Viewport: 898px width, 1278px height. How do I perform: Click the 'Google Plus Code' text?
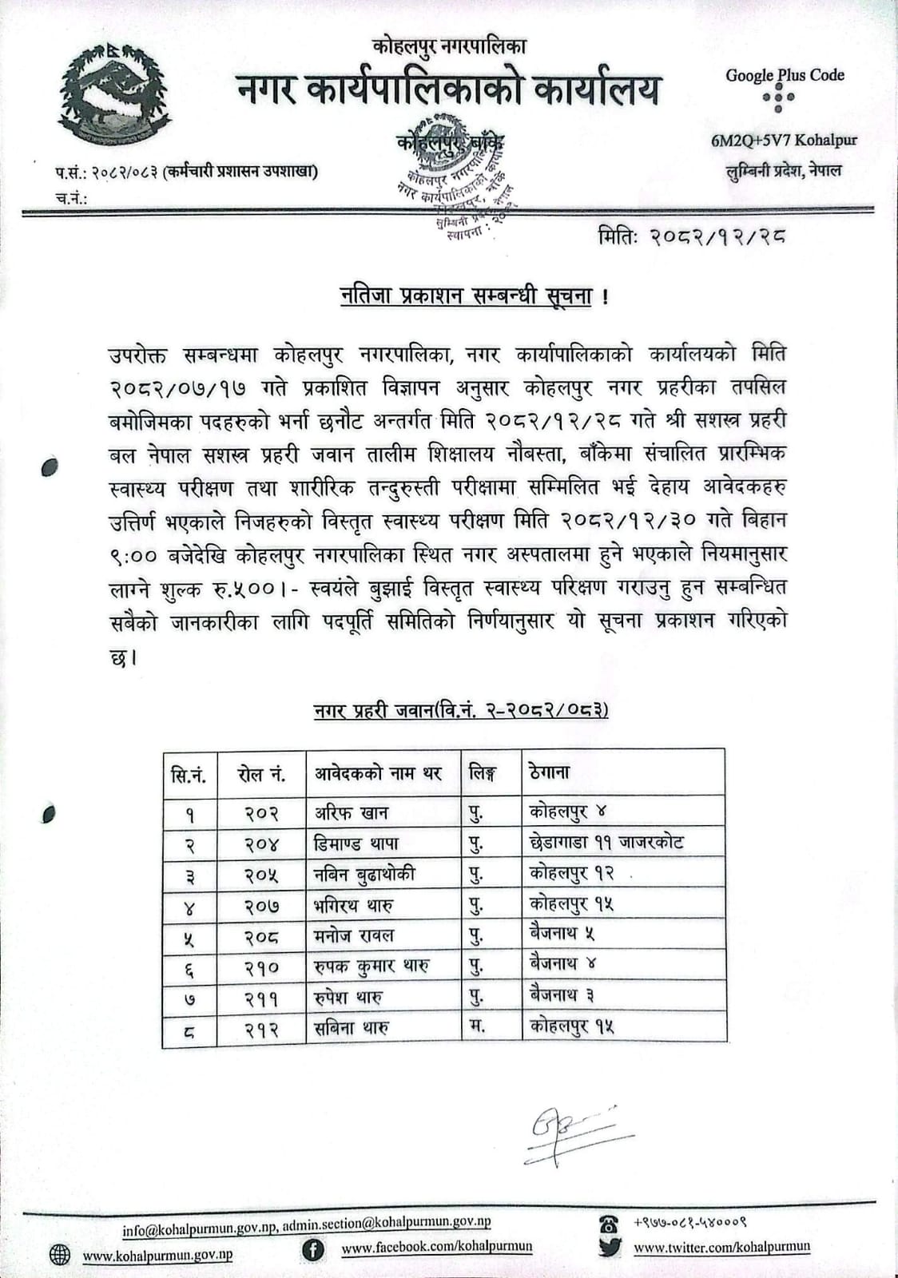pos(785,75)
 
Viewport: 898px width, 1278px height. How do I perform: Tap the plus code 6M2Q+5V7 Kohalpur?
pos(783,141)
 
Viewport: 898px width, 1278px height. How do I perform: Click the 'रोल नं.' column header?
pos(261,773)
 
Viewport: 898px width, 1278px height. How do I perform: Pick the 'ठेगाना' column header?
pos(549,772)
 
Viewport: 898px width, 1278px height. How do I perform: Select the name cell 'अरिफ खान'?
pos(352,813)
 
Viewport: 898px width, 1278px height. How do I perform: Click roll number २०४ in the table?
pos(261,843)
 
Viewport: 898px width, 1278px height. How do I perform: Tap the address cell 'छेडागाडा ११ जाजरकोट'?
pos(606,843)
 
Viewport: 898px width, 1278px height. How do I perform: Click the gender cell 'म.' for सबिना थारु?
pos(477,1026)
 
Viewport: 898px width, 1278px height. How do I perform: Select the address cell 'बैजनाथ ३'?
pos(562,995)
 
